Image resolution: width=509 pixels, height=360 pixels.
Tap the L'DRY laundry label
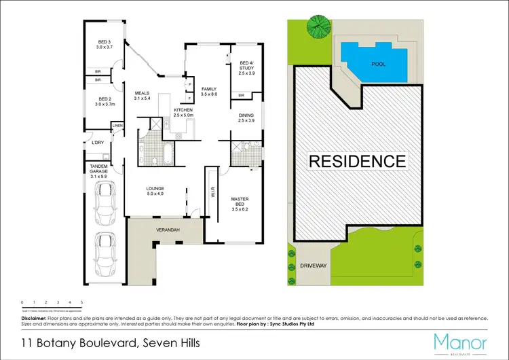click(96, 143)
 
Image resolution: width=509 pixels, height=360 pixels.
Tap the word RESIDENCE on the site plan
click(358, 162)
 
